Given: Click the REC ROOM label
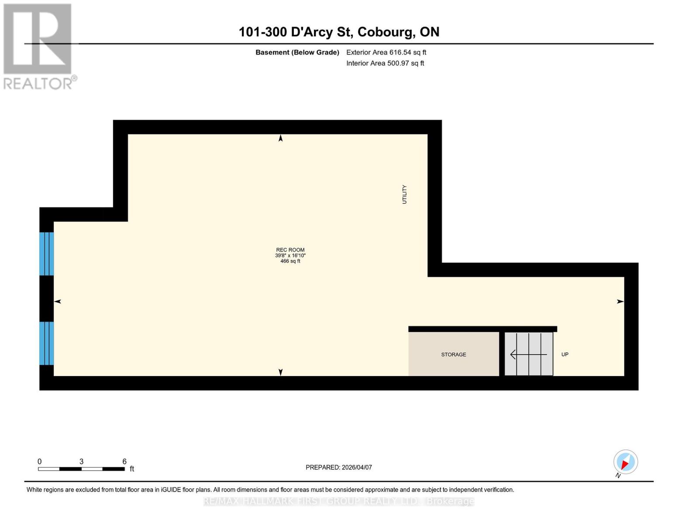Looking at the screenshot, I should coord(290,250).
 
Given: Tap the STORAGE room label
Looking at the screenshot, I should coord(453,355).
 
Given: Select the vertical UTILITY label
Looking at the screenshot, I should coord(404,194).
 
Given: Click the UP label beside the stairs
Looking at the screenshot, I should coord(564,355).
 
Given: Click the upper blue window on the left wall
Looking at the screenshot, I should coord(46,254).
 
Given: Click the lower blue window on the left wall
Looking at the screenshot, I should coord(46,343).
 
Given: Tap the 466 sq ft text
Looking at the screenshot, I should coord(290,261).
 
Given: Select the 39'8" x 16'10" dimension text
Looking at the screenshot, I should coord(290,255).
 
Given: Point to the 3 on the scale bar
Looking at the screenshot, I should coord(81,462).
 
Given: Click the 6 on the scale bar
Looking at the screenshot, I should coord(124,462).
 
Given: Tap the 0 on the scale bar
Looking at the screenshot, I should coord(40,462).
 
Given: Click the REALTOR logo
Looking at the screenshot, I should coord(38,46).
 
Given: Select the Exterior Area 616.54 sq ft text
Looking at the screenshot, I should coord(386,52).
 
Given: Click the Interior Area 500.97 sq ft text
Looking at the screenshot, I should coord(385,63).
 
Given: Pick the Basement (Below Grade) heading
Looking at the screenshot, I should coord(297,52).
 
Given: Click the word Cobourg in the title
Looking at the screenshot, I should coord(386,32).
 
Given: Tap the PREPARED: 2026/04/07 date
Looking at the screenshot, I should coord(339,467).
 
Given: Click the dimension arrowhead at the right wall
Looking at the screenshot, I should coord(620,301).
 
